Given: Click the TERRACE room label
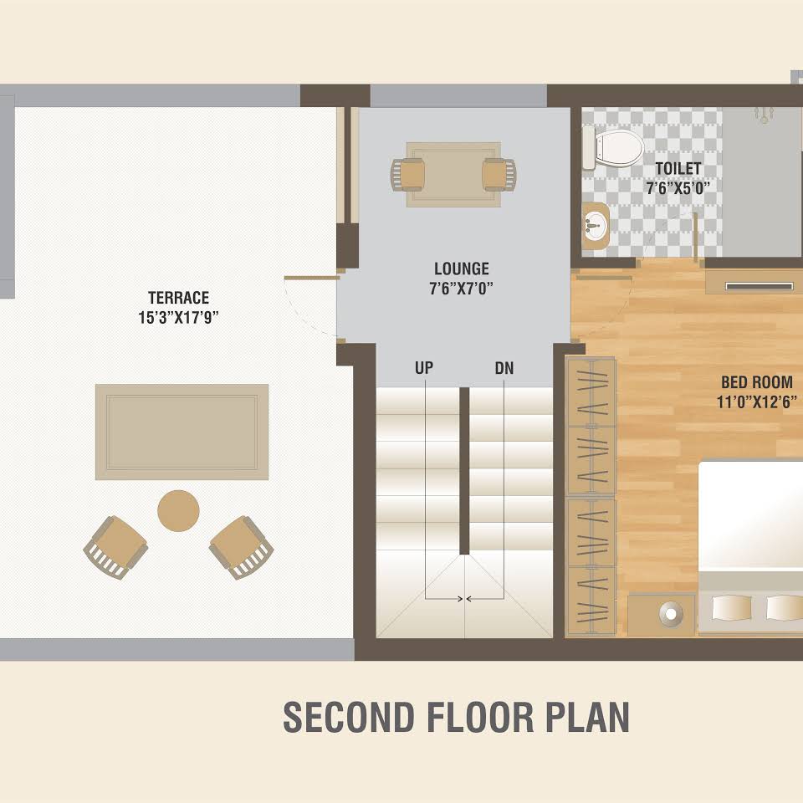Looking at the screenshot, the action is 179,298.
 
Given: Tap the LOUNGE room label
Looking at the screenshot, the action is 462,269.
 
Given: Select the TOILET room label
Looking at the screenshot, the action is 678,168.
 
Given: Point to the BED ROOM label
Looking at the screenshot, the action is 757,382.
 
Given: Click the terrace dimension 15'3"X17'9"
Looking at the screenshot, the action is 179,318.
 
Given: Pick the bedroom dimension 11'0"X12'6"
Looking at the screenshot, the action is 757,402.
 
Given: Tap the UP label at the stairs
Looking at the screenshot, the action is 424,368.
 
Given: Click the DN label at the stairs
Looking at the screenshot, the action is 504,368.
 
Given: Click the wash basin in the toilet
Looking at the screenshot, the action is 595,225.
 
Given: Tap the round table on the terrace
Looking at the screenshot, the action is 178,511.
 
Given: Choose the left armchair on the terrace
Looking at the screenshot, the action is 115,547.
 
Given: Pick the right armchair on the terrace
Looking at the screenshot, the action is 241,547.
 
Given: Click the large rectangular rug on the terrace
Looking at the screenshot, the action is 182,432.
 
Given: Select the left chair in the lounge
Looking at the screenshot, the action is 408,175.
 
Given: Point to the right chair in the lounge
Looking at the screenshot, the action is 499,175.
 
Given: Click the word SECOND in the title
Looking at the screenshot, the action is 348,717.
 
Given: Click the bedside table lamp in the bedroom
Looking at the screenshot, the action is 671,613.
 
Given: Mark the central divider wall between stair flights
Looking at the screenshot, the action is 464,471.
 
